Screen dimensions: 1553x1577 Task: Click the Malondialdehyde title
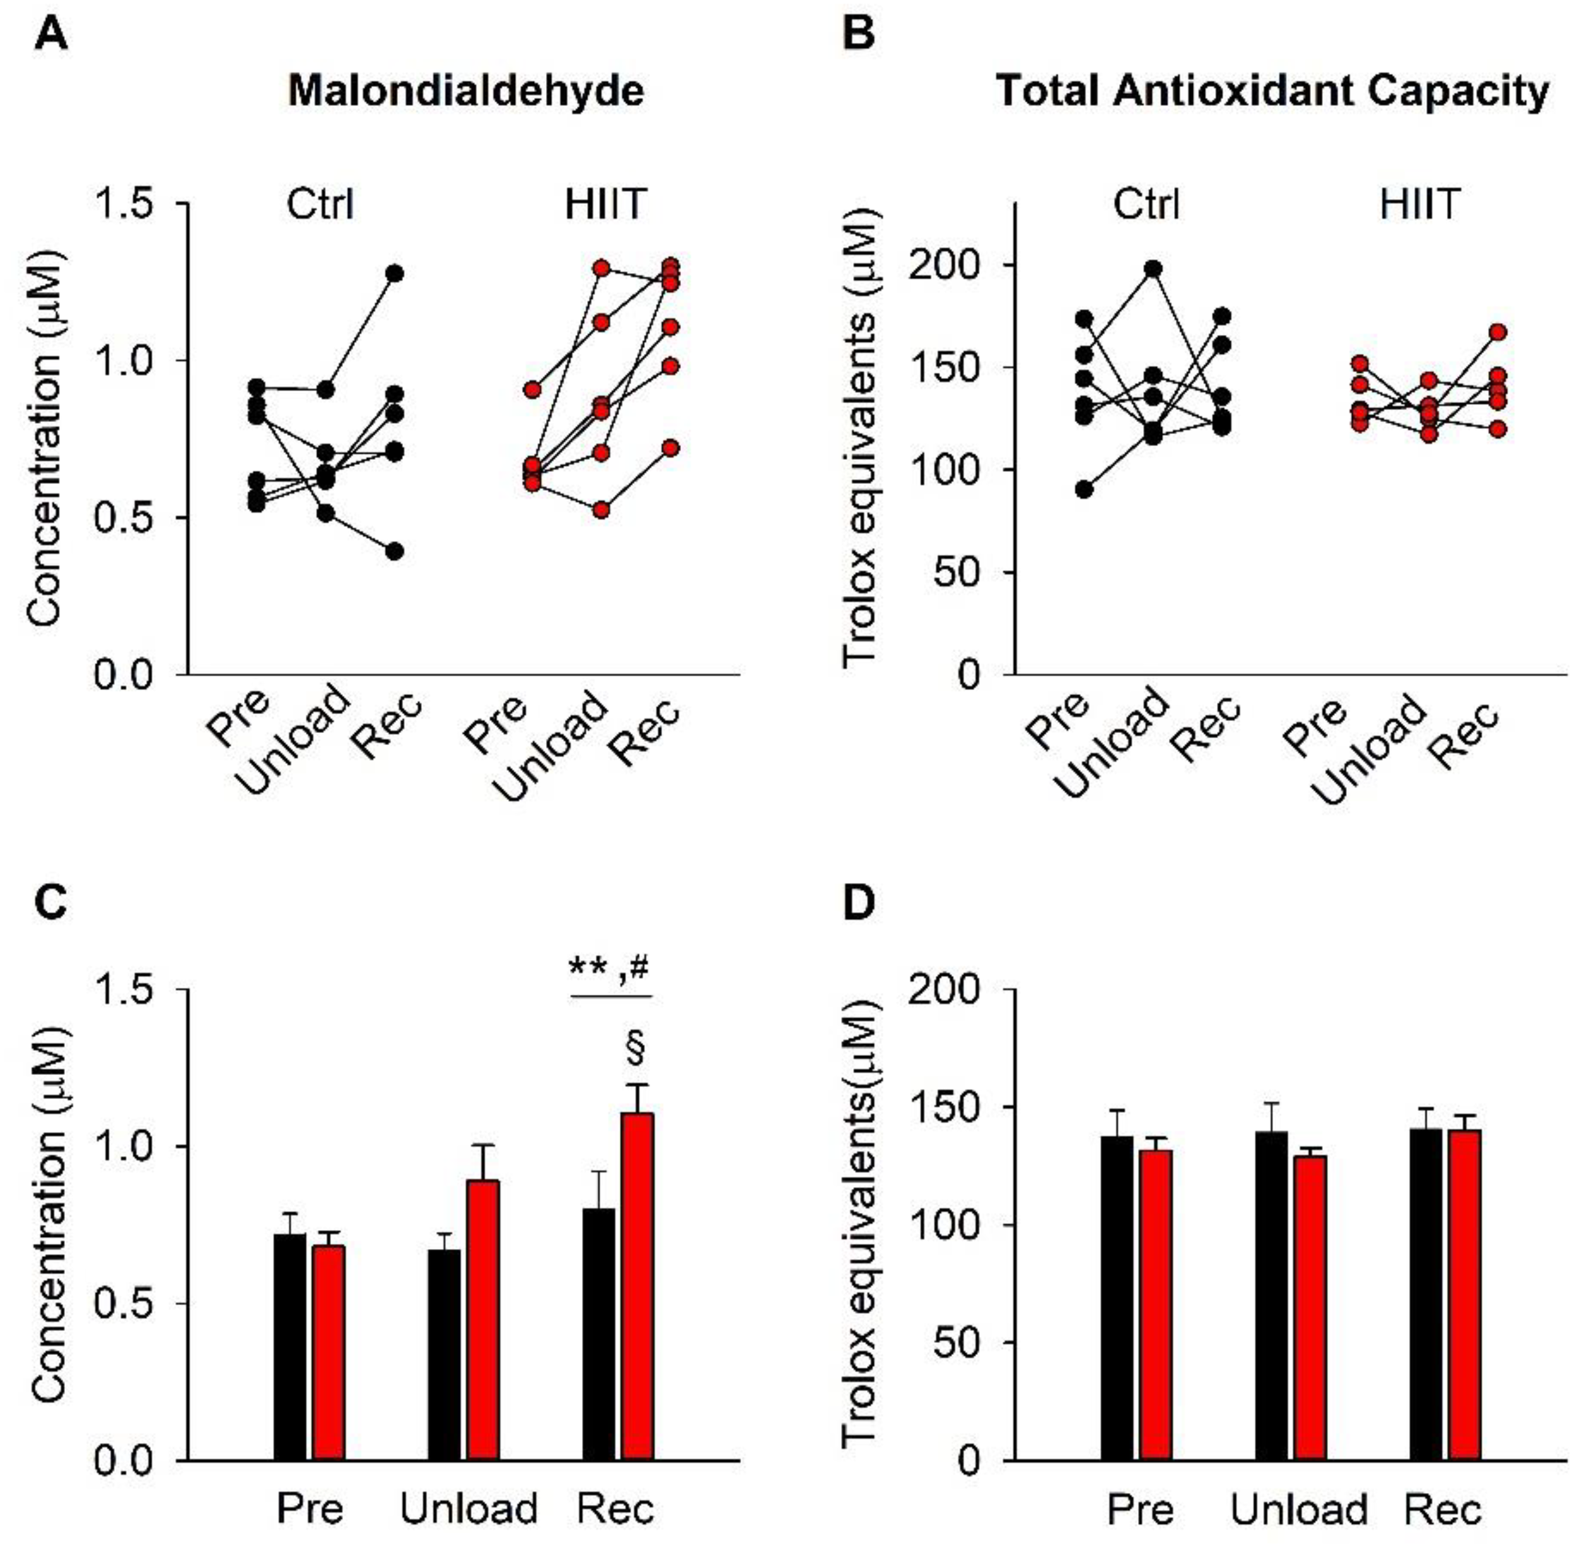(x=465, y=91)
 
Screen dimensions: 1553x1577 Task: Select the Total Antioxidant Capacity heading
(x=1272, y=91)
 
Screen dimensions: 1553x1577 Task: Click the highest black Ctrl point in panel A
(x=395, y=273)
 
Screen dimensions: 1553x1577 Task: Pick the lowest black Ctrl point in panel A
(x=395, y=551)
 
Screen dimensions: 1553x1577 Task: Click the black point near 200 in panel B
(x=1153, y=268)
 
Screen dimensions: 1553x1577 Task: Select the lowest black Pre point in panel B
(x=1085, y=489)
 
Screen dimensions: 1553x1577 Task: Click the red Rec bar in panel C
(x=637, y=1286)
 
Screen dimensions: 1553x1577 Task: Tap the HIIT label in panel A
(x=605, y=204)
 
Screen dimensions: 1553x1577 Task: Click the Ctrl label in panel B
(x=1146, y=204)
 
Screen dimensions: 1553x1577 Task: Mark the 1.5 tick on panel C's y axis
(x=124, y=989)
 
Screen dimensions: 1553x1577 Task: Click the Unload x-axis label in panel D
(x=1298, y=1509)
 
